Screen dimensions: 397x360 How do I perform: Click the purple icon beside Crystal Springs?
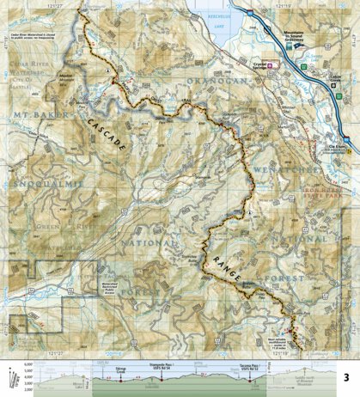[270, 64]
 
